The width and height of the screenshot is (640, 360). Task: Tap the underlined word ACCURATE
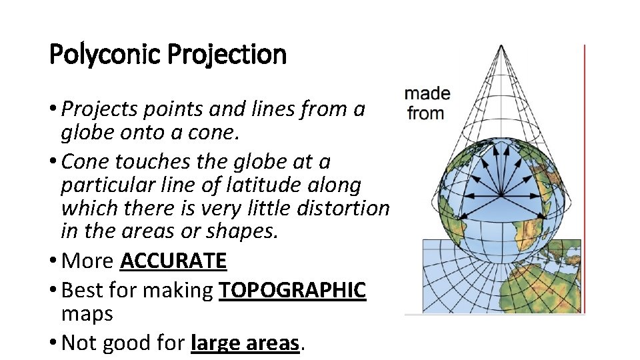(173, 261)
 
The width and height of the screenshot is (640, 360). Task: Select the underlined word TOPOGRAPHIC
(292, 290)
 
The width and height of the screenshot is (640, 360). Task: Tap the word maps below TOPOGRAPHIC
(87, 313)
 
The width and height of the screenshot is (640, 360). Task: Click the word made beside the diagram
(427, 94)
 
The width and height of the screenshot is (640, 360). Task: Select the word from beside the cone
(426, 113)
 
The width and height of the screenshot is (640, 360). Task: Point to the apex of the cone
(500, 47)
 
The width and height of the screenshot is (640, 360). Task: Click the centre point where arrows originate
(501, 195)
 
